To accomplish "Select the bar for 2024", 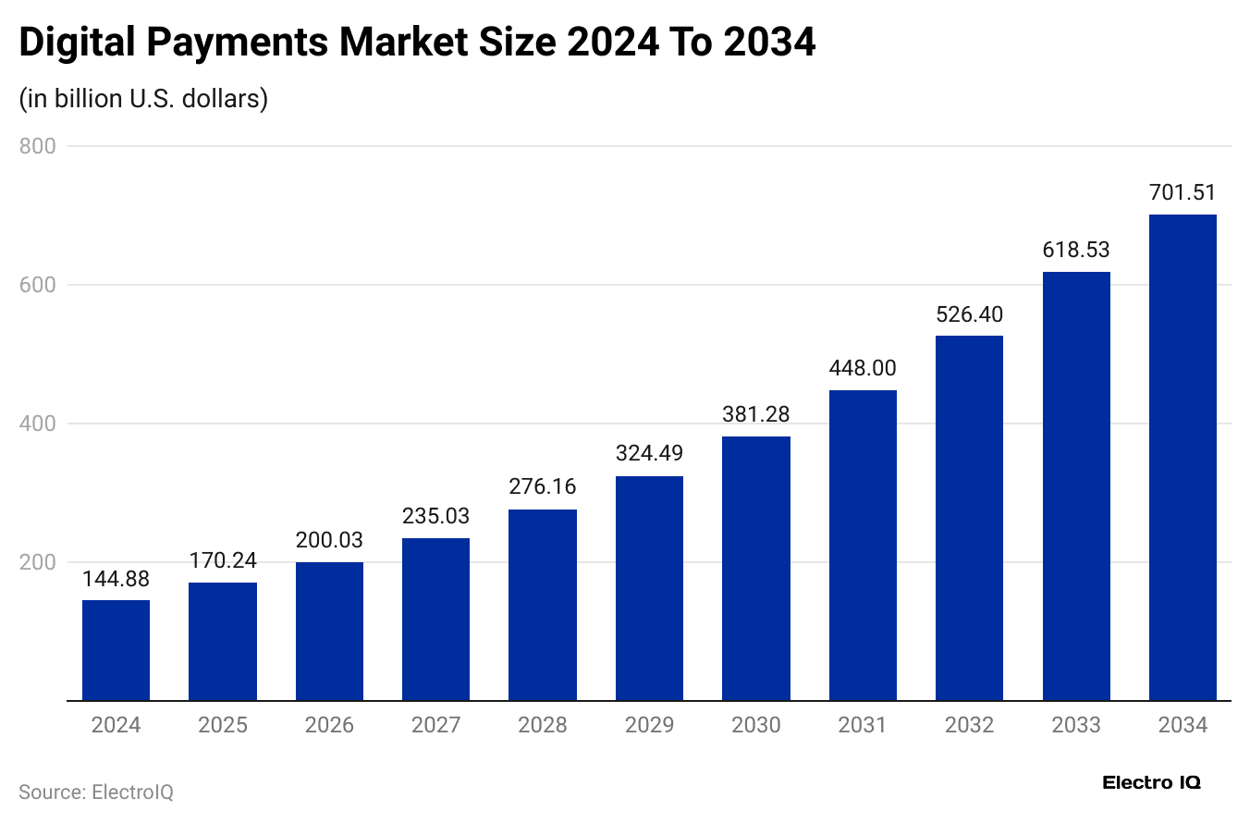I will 116,650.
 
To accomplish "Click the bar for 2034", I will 1183,458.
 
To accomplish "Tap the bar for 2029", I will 649,588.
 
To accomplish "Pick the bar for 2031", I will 863,546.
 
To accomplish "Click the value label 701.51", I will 1183,193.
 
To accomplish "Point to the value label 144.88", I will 116,579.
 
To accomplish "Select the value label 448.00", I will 863,368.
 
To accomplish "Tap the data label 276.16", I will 543,487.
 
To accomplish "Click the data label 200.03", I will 329,540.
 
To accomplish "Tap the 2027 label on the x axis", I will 435,725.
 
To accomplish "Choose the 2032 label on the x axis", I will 969,725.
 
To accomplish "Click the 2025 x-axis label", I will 223,725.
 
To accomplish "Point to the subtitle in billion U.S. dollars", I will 143,98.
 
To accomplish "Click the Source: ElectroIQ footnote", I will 96,792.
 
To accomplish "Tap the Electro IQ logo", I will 1151,782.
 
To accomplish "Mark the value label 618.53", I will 1076,250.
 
